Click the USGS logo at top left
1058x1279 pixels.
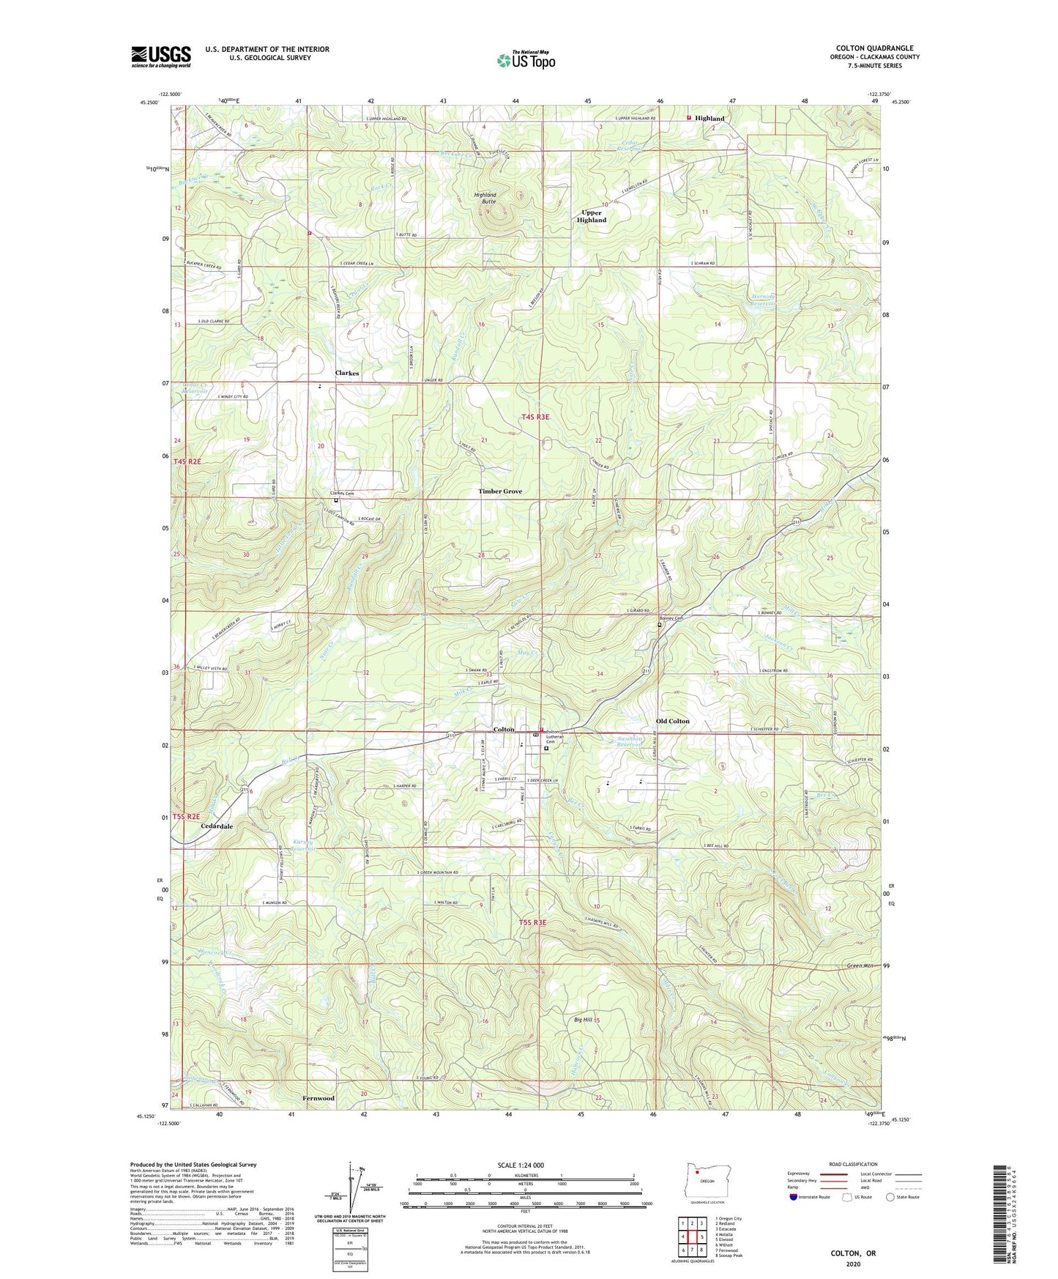click(x=161, y=56)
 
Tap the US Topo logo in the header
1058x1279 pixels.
click(x=526, y=60)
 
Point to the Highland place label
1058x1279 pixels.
click(x=709, y=118)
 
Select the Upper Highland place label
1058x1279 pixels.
click(x=592, y=216)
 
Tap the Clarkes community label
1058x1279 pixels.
click(x=347, y=373)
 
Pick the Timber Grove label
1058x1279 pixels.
click(x=500, y=492)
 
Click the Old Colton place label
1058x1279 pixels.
click(x=672, y=721)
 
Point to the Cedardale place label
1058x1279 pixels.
click(x=217, y=826)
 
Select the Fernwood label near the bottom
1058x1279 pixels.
click(x=318, y=1098)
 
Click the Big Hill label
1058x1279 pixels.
click(x=583, y=1020)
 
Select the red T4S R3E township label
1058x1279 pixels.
click(x=535, y=417)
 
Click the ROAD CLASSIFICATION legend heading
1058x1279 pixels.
click(x=852, y=1164)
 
